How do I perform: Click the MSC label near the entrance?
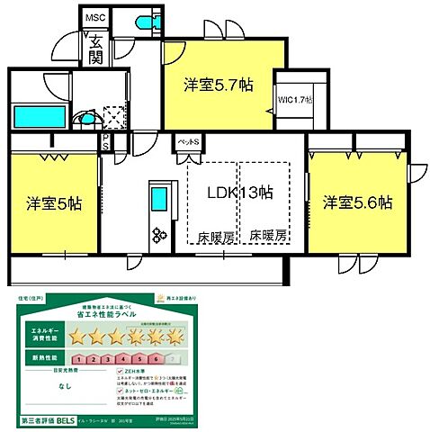click(x=94, y=18)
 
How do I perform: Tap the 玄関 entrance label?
click(x=94, y=49)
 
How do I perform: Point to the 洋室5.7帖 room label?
click(x=219, y=86)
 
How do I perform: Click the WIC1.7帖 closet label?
click(x=295, y=100)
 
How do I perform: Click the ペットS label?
click(x=187, y=142)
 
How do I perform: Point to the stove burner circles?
click(x=159, y=235)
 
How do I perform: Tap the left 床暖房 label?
click(x=216, y=236)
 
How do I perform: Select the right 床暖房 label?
click(x=268, y=236)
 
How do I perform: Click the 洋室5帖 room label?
click(x=53, y=203)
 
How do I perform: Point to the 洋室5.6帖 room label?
click(x=357, y=203)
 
